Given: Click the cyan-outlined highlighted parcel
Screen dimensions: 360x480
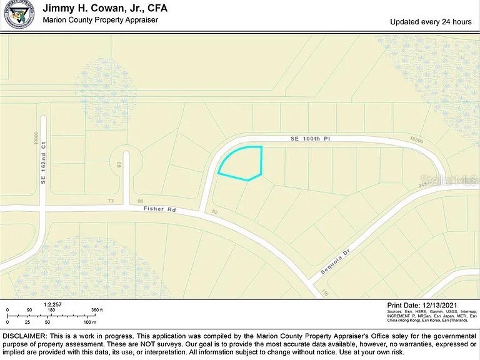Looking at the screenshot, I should pos(242,164).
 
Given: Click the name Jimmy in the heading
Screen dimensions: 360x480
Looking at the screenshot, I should pos(59,9).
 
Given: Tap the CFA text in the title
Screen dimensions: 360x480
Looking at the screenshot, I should pos(156,9).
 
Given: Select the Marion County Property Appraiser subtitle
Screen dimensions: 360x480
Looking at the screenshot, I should pos(100,20).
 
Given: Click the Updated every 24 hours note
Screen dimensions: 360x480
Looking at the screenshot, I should pos(431,22).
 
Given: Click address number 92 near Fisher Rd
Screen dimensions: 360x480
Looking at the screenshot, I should pos(214,212).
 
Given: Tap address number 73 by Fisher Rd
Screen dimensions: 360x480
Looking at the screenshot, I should pos(111,201).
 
